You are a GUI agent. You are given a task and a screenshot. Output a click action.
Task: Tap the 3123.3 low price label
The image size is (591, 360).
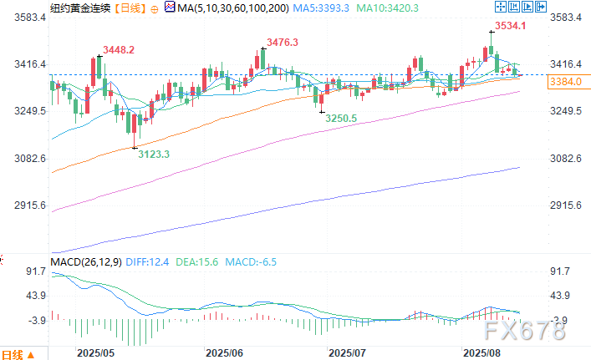coord(154,154)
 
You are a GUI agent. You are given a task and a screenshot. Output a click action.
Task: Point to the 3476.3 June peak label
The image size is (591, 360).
coord(283,42)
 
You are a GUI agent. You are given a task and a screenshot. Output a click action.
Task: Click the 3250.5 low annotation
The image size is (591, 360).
coord(340,119)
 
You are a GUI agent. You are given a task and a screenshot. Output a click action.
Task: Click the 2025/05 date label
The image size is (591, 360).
coord(92,353)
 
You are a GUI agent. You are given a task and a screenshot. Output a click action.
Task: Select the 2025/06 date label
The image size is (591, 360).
coord(222,353)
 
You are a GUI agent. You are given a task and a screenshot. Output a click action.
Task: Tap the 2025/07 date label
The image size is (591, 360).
coord(346,353)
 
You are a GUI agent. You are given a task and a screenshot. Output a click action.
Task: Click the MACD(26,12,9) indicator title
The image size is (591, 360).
coord(86,262)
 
